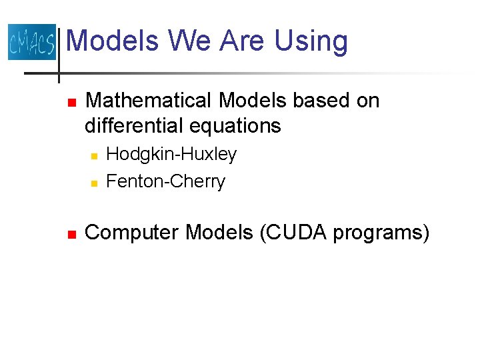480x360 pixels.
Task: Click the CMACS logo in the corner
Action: [31, 42]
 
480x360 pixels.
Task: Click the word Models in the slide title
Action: [113, 41]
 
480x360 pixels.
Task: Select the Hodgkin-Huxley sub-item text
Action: [171, 155]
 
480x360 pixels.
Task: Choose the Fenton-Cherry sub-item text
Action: [166, 181]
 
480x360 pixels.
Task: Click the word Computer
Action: [133, 233]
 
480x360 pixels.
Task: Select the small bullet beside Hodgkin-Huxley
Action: [94, 156]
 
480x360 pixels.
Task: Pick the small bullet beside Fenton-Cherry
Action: [94, 183]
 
